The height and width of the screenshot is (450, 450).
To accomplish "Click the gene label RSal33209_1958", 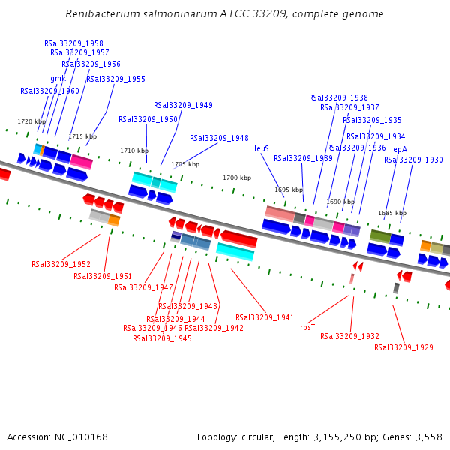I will [x=73, y=44].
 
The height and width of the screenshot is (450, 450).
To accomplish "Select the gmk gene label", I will [x=58, y=79].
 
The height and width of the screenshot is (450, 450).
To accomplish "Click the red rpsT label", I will [x=307, y=328].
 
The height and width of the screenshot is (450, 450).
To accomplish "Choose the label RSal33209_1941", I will [x=265, y=318].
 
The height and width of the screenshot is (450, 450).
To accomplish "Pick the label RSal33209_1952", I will [x=61, y=265].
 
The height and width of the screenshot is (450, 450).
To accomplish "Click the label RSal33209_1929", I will [x=403, y=348].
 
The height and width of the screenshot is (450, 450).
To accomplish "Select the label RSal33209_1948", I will [x=219, y=139].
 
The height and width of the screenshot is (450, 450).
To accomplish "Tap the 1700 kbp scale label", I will [x=237, y=178].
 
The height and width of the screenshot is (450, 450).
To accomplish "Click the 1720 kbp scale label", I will [x=31, y=122].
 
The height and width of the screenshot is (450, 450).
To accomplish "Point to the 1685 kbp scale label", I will [x=391, y=213].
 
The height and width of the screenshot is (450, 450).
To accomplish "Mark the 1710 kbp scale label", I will [x=134, y=151].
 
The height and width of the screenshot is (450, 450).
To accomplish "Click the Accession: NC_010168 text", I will [x=57, y=437].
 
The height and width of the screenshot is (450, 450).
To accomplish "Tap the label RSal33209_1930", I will [x=413, y=160].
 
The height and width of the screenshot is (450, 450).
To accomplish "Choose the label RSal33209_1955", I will [x=115, y=79].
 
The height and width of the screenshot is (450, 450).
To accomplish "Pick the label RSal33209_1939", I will [x=303, y=159].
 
